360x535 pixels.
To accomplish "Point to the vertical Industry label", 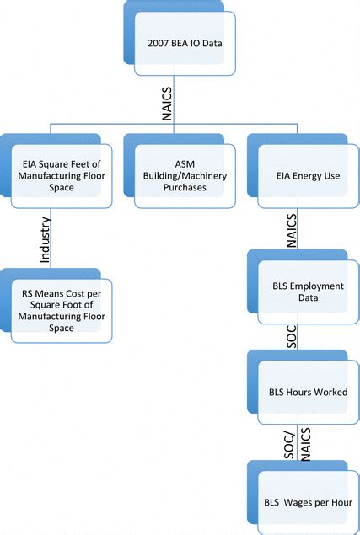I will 46,238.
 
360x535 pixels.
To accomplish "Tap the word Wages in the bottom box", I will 296,503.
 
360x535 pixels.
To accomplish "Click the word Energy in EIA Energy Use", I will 301,178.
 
